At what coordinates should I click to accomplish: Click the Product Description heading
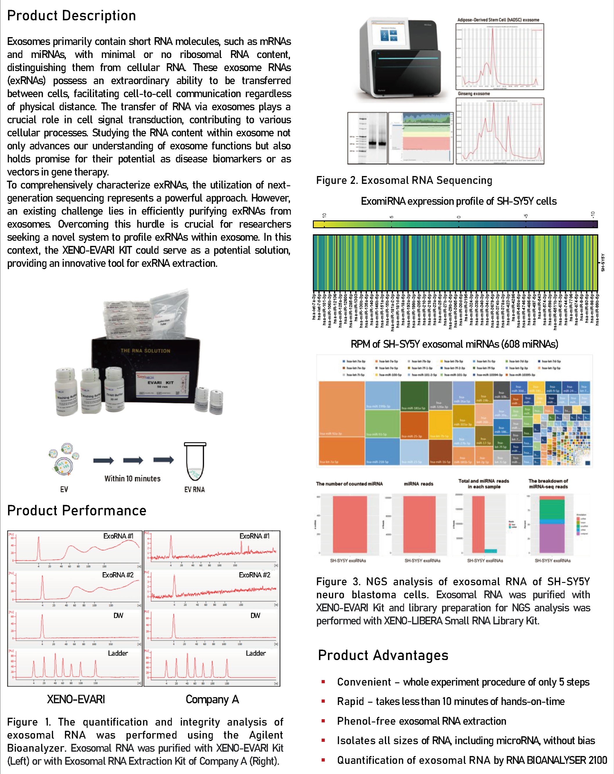[x=71, y=16]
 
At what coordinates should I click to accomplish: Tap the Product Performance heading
[x=77, y=510]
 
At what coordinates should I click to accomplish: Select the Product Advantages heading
[x=383, y=655]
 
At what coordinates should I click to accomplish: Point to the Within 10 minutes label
[x=132, y=478]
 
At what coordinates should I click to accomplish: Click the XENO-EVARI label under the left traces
[x=76, y=699]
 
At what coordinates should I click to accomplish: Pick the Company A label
[x=212, y=699]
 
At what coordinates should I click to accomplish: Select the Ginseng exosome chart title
[x=473, y=94]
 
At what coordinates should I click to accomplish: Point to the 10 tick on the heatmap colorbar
[x=324, y=216]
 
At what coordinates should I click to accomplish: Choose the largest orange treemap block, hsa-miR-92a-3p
[x=341, y=409]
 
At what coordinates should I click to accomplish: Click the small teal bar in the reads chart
[x=491, y=551]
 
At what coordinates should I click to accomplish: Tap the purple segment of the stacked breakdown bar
[x=552, y=538]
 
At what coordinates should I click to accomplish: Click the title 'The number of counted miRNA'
[x=349, y=484]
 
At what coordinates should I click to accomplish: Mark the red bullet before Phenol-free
[x=323, y=721]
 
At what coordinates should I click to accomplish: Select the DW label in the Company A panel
[x=255, y=616]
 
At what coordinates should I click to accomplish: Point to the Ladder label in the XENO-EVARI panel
[x=118, y=653]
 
